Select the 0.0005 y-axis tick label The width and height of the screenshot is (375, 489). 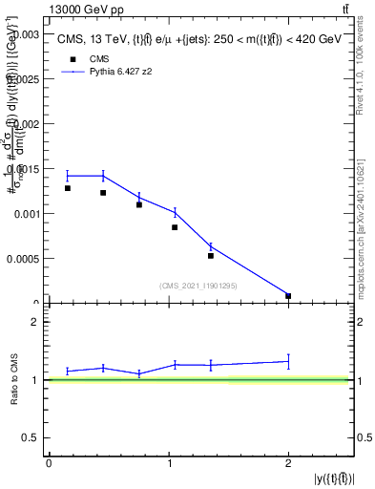click(20, 259)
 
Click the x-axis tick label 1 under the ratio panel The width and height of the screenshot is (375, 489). click(168, 463)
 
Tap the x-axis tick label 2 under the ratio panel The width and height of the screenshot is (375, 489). click(288, 463)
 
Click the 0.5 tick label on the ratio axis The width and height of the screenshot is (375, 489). click(30, 437)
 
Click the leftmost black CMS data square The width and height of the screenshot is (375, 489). click(68, 188)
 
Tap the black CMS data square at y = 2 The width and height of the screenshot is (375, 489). click(288, 296)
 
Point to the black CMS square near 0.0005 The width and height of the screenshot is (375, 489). click(211, 256)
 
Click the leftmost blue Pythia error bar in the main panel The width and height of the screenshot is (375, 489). click(68, 176)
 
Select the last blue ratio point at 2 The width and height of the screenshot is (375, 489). click(288, 361)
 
